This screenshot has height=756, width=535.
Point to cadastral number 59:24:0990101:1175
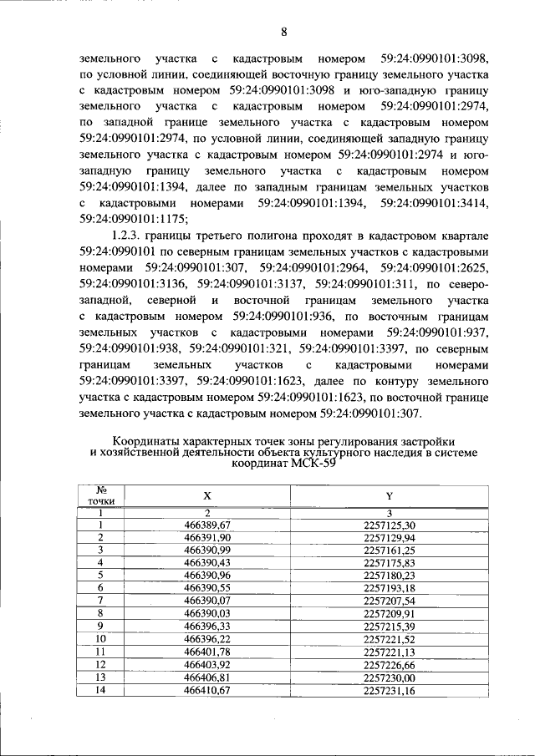[x=134, y=219]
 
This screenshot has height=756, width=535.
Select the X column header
[x=207, y=495]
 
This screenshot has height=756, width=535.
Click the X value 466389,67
[x=207, y=524]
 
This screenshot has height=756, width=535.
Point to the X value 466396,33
[x=207, y=626]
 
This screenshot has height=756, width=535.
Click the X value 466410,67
[x=207, y=689]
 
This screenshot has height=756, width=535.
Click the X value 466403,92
[x=207, y=664]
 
